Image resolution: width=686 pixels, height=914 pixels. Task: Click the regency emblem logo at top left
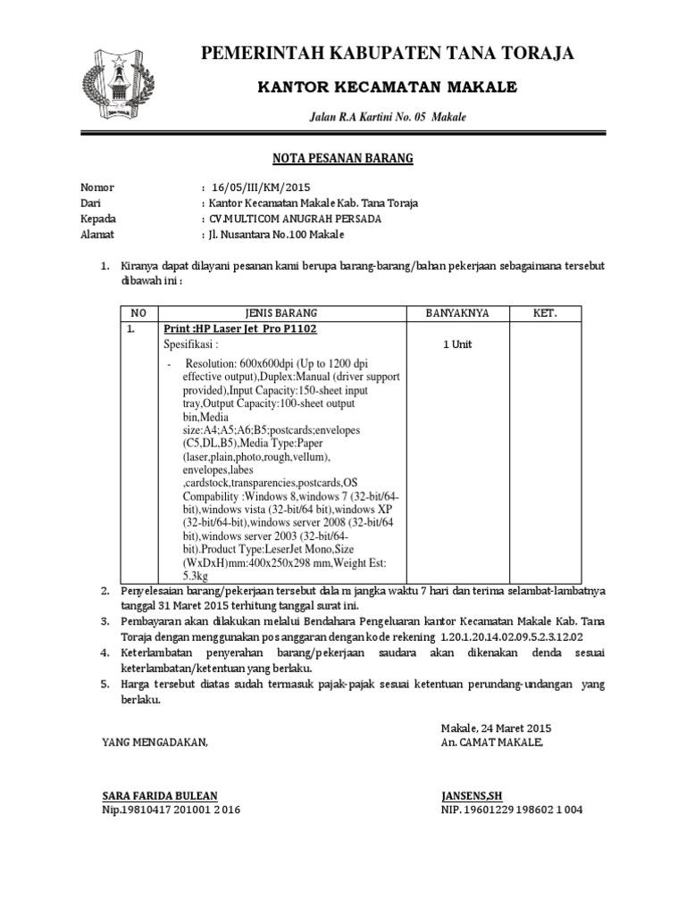114,82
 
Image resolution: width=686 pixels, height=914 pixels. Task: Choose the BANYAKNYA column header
456,313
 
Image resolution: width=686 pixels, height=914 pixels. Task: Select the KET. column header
545,313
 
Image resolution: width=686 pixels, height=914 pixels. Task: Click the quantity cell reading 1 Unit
456,344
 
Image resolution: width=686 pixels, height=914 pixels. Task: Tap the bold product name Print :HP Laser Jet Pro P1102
239,328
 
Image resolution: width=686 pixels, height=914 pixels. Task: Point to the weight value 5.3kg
196,577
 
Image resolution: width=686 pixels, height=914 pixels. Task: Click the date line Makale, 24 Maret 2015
497,727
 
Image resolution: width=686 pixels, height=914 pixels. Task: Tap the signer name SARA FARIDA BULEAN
160,794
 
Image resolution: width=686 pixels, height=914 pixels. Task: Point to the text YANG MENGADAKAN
155,742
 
